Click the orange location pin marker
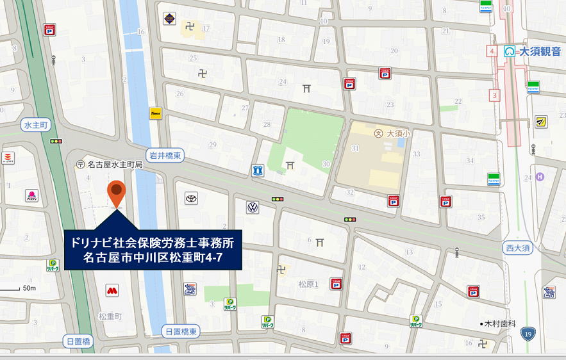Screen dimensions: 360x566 [116, 191]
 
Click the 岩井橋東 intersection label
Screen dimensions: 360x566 [165, 154]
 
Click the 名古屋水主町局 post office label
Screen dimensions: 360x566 [114, 165]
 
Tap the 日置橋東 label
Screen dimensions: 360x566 [181, 331]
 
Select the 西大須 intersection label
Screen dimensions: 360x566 [518, 247]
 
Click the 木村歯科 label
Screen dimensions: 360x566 [500, 324]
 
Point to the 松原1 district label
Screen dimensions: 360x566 [308, 284]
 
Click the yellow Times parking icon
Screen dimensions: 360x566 [155, 113]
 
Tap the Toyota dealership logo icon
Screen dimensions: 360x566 [191, 199]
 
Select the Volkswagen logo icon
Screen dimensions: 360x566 [253, 208]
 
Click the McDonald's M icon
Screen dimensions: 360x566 [112, 291]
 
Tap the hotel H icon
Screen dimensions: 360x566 [539, 177]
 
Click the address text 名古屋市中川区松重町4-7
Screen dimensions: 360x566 [153, 258]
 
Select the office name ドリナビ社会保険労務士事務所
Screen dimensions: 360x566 [153, 243]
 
